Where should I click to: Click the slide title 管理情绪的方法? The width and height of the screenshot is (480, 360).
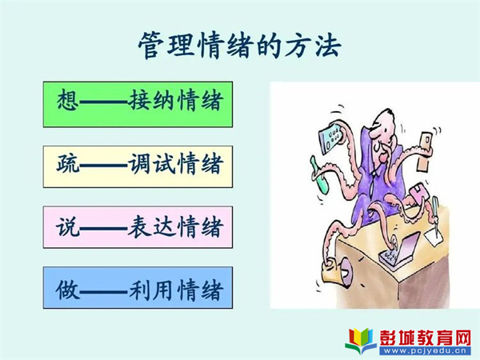[x=240, y=46]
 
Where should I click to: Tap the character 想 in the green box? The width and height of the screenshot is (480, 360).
[x=67, y=99]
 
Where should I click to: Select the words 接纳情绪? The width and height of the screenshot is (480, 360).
[x=175, y=100]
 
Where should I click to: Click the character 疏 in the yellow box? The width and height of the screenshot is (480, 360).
[x=67, y=164]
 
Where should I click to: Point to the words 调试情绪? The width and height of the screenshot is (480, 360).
[x=175, y=164]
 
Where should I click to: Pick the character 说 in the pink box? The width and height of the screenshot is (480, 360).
[x=67, y=227]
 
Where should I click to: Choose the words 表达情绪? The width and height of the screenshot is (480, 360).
[x=175, y=227]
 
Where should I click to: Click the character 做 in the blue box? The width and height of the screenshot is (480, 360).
[x=67, y=290]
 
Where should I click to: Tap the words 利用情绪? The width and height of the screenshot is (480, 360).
[x=175, y=290]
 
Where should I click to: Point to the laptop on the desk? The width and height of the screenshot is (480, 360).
[x=400, y=247]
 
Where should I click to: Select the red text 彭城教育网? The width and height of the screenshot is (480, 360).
[x=426, y=338]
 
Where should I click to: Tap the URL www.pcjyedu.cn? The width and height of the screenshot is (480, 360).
[x=426, y=351]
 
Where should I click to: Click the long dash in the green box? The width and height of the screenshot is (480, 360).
[x=103, y=101]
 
